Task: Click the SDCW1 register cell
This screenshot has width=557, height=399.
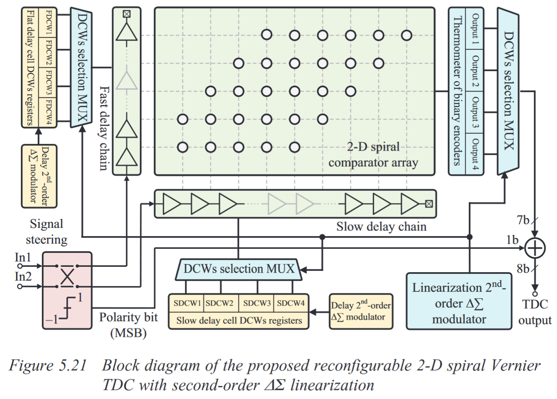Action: coord(186,303)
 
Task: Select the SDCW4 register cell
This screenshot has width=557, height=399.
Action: coord(291,303)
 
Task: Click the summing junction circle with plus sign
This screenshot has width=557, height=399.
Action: coord(534,248)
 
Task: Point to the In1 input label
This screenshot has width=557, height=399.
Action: coord(23,257)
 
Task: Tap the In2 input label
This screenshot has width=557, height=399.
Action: coord(23,277)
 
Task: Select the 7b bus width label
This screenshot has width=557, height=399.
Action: coord(523,220)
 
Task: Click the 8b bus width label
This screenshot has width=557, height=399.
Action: coord(523,269)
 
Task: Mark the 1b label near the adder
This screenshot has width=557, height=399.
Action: coord(512,240)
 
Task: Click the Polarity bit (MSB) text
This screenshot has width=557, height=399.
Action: coord(128,324)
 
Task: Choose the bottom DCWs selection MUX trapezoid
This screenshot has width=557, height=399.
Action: coord(239,269)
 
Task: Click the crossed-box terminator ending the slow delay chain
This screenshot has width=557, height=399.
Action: coord(429,204)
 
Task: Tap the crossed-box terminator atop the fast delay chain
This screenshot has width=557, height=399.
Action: coord(127,14)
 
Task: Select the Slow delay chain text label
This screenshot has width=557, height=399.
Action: coord(381,227)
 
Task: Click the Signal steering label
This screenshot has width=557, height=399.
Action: coord(46,232)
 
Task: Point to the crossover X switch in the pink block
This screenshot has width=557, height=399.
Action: coord(67,276)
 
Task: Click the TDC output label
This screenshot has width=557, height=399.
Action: coord(534,312)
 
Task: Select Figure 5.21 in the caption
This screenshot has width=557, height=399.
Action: coord(48,365)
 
